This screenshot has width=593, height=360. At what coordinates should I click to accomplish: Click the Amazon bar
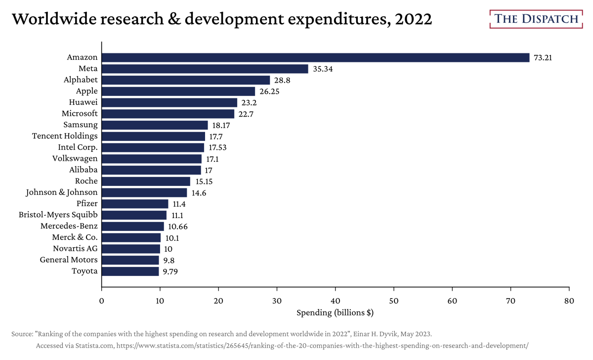pyautogui.click(x=315, y=57)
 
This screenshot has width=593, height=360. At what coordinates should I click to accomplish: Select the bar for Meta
pyautogui.click(x=205, y=69)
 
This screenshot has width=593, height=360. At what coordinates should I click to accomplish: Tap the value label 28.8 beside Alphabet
pyautogui.click(x=282, y=80)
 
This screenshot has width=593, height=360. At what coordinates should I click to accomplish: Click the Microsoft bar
pyautogui.click(x=168, y=114)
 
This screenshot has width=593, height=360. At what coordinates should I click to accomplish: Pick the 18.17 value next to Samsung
pyautogui.click(x=221, y=125)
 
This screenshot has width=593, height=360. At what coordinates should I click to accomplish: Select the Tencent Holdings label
pyautogui.click(x=65, y=136)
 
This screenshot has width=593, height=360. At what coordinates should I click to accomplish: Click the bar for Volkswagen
pyautogui.click(x=152, y=159)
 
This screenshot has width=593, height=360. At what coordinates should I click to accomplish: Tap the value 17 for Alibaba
pyautogui.click(x=209, y=170)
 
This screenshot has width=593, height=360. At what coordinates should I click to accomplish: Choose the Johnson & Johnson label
pyautogui.click(x=62, y=192)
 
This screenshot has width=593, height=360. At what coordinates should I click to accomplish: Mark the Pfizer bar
pyautogui.click(x=135, y=204)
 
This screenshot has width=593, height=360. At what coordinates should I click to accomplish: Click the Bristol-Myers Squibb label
pyautogui.click(x=58, y=215)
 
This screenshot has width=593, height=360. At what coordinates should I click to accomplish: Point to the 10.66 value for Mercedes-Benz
pyautogui.click(x=178, y=226)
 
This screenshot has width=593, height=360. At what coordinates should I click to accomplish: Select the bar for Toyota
pyautogui.click(x=130, y=271)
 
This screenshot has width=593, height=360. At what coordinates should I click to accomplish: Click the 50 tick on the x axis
pyautogui.click(x=394, y=301)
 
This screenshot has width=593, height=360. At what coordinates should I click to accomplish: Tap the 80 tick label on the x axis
pyautogui.click(x=569, y=301)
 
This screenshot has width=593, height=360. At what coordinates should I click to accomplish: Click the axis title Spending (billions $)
pyautogui.click(x=335, y=313)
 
